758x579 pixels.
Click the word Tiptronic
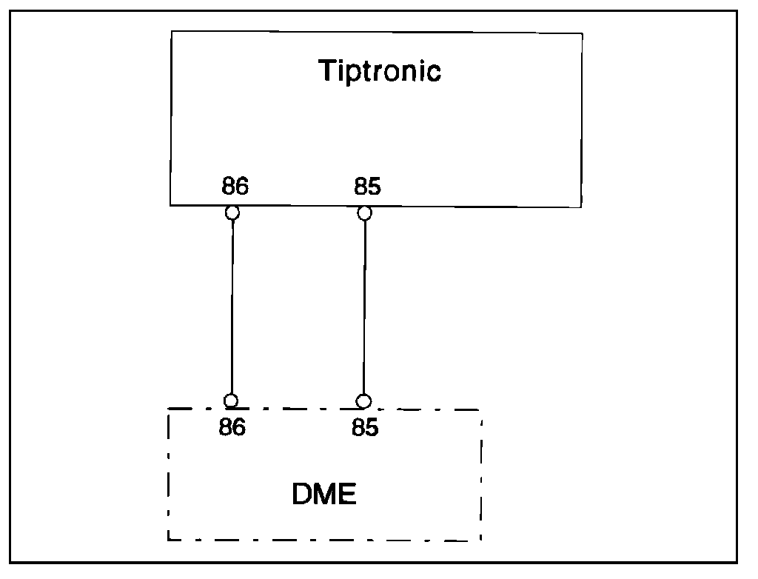click(x=380, y=71)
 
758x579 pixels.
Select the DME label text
click(x=324, y=494)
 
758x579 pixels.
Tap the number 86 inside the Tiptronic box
click(x=235, y=186)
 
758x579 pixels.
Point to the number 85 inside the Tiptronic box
click(x=367, y=186)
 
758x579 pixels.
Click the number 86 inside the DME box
click(x=232, y=428)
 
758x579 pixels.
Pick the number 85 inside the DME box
click(x=365, y=428)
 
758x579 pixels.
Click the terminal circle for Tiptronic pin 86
click(x=232, y=213)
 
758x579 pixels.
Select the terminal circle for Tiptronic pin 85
click(x=364, y=213)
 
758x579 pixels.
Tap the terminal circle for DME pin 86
click(x=231, y=401)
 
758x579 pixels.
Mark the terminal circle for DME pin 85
click(x=363, y=401)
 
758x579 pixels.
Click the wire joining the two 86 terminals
click(x=232, y=307)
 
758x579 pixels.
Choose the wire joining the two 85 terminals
click(x=363, y=307)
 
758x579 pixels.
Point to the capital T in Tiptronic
click(x=326, y=70)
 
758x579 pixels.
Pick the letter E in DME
click(x=347, y=494)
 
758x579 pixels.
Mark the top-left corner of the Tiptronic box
click(x=171, y=32)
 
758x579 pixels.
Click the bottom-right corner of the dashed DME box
click(x=482, y=540)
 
